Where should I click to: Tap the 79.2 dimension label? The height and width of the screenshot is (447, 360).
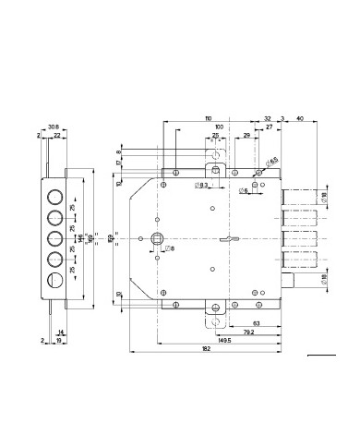tap(248, 331)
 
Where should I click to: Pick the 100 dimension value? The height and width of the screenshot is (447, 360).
tap(219, 127)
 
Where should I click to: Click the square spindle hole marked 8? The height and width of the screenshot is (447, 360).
tap(157, 242)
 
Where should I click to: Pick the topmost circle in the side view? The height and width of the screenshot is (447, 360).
tap(54, 197)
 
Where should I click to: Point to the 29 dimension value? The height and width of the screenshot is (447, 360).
tap(247, 136)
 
